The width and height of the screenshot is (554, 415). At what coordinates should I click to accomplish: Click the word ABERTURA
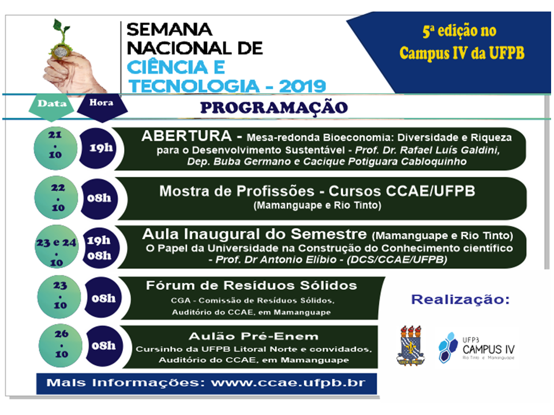[186, 136]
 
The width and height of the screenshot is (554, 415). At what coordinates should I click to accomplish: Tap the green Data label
[51, 104]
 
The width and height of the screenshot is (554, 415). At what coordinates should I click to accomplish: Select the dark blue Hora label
[102, 104]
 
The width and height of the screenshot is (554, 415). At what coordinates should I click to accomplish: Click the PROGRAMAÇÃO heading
[274, 108]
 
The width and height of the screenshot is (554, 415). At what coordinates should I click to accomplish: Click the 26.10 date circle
[61, 346]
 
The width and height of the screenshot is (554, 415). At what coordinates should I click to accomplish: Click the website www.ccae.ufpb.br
[288, 383]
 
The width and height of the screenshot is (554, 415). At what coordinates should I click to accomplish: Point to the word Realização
[461, 300]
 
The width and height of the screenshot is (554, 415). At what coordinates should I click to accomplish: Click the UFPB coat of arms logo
[410, 345]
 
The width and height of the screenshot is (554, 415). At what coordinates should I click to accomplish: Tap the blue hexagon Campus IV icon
[448, 348]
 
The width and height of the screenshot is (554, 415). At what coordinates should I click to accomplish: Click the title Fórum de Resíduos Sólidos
[251, 285]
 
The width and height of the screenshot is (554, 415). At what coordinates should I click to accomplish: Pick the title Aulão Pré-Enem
[254, 336]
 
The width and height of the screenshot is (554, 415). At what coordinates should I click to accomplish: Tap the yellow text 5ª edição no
[459, 31]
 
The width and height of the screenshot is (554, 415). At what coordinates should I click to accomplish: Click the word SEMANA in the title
[169, 29]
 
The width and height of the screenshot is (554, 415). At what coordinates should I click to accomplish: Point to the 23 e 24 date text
[56, 243]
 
